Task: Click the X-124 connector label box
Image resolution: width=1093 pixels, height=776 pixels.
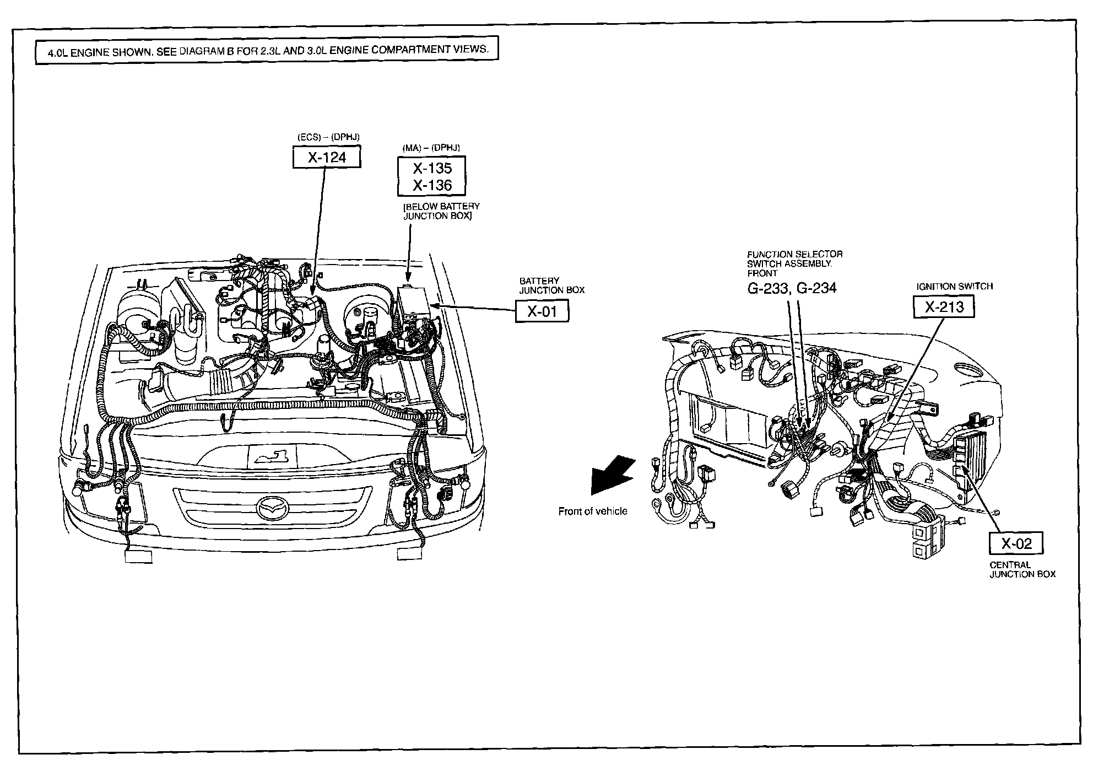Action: click(327, 158)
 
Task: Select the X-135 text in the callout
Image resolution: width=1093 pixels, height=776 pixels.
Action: click(432, 168)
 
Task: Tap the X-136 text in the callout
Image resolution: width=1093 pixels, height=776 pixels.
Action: click(432, 185)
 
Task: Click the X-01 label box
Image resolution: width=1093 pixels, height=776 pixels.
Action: click(542, 311)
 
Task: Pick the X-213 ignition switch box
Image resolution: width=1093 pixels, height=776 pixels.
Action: click(944, 306)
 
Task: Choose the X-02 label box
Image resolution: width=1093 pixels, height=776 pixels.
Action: click(1016, 543)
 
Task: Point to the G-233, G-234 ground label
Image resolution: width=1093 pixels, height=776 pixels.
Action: click(792, 288)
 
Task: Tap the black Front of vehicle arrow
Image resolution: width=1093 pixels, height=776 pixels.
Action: click(609, 475)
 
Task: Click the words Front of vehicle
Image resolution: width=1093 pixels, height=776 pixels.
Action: click(593, 511)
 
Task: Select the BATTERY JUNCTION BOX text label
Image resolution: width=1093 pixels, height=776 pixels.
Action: click(551, 285)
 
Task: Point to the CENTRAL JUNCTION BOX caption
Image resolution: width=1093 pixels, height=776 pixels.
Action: click(1022, 569)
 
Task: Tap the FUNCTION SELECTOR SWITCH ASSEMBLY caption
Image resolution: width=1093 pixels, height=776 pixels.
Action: click(794, 263)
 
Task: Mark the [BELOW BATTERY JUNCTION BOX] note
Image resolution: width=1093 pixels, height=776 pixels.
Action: click(441, 211)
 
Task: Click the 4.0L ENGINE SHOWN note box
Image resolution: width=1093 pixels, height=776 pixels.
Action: click(267, 50)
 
